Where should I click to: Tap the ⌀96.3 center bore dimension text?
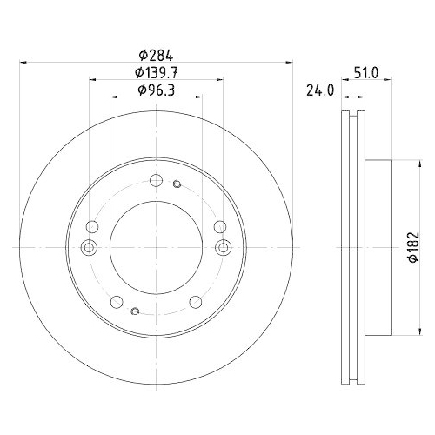point(157,90)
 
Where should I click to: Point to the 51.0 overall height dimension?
point(365,75)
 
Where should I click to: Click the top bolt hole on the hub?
point(157,180)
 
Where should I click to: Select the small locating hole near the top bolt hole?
point(177,184)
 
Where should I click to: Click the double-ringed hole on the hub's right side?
point(224,249)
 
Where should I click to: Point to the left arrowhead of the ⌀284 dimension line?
point(23,62)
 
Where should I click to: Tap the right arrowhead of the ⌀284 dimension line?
point(290,62)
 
